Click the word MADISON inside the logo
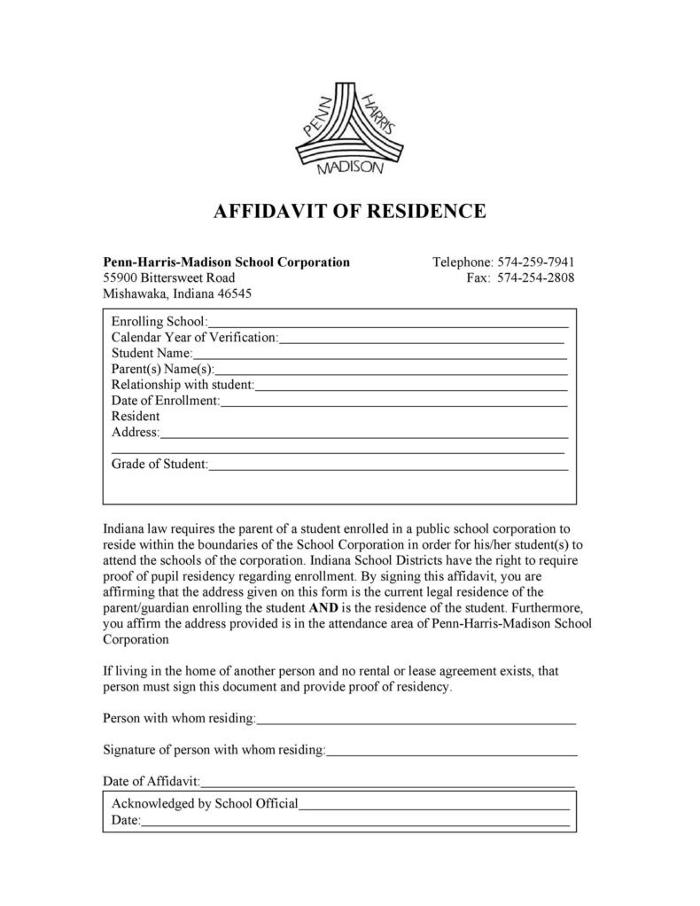(x=350, y=168)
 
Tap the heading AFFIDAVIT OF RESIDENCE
(x=350, y=212)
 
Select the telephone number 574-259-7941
(x=536, y=262)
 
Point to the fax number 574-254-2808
(x=536, y=278)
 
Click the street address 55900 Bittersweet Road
(x=169, y=278)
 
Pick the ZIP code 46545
(x=233, y=294)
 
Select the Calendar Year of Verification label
(x=195, y=337)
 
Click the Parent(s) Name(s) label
(x=163, y=369)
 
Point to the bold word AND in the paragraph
(x=322, y=608)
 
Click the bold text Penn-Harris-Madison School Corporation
(x=227, y=262)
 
